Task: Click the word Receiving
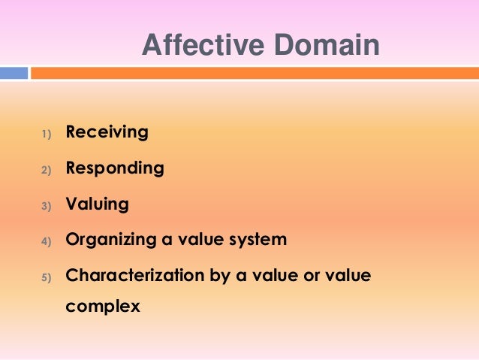[x=107, y=132]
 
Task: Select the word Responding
[x=115, y=168]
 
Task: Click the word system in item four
[x=259, y=241]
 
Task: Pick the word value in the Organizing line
[x=202, y=241]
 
